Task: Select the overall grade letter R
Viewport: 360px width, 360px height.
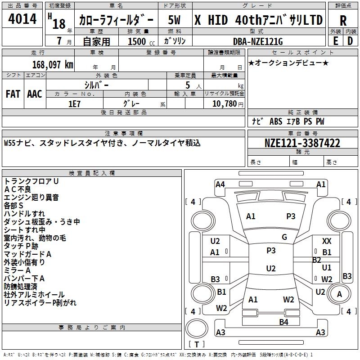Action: pos(343,20)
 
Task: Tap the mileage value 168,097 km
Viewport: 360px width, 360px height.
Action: pos(53,64)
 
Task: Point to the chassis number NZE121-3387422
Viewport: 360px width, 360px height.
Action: pos(302,144)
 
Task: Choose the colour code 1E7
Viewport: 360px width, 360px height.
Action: pos(74,103)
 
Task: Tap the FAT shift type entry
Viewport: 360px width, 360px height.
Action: pos(13,94)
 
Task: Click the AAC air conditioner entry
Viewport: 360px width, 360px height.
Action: pos(35,94)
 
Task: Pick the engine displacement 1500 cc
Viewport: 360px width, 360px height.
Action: pos(137,41)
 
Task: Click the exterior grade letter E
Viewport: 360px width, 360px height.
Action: pos(336,41)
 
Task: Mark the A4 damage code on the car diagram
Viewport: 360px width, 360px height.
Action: pos(220,184)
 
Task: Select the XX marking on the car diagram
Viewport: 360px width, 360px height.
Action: pos(327,242)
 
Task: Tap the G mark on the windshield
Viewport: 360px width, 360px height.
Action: pos(284,237)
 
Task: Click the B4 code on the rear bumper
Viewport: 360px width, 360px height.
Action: pos(283,322)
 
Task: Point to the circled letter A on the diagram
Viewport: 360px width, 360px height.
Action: pos(340,294)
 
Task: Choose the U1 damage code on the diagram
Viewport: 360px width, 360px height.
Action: pos(327,268)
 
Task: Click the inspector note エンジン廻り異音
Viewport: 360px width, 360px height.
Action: pos(31,197)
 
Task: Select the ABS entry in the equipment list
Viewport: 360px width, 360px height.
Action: pos(276,121)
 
